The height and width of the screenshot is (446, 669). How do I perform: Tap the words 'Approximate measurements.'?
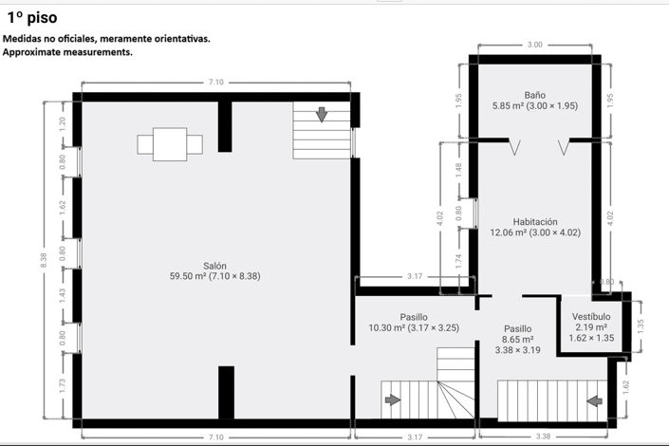click(67, 53)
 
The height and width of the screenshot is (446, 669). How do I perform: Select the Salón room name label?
click(214, 266)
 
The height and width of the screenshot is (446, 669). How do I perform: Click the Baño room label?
click(534, 95)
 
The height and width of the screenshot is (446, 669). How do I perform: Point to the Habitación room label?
click(534, 221)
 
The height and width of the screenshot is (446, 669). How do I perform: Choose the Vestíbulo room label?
click(590, 317)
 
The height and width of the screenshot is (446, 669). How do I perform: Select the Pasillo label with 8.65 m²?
click(517, 328)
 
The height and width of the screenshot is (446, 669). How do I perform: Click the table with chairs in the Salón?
click(170, 144)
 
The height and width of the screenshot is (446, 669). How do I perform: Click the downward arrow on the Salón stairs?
click(322, 115)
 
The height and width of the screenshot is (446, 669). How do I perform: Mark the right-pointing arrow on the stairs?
click(393, 400)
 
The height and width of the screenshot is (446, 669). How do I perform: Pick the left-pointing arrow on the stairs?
click(594, 400)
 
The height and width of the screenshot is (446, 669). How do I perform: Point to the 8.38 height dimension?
click(44, 260)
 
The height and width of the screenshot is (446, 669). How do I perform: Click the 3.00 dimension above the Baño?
click(534, 45)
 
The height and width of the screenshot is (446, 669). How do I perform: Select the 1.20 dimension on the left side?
click(63, 122)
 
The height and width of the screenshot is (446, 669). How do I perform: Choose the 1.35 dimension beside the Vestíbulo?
click(641, 324)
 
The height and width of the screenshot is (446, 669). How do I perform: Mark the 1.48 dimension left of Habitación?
click(458, 169)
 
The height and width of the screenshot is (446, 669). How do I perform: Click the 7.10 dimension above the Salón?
click(215, 83)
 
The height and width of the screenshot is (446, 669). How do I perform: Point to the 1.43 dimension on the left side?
click(63, 295)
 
